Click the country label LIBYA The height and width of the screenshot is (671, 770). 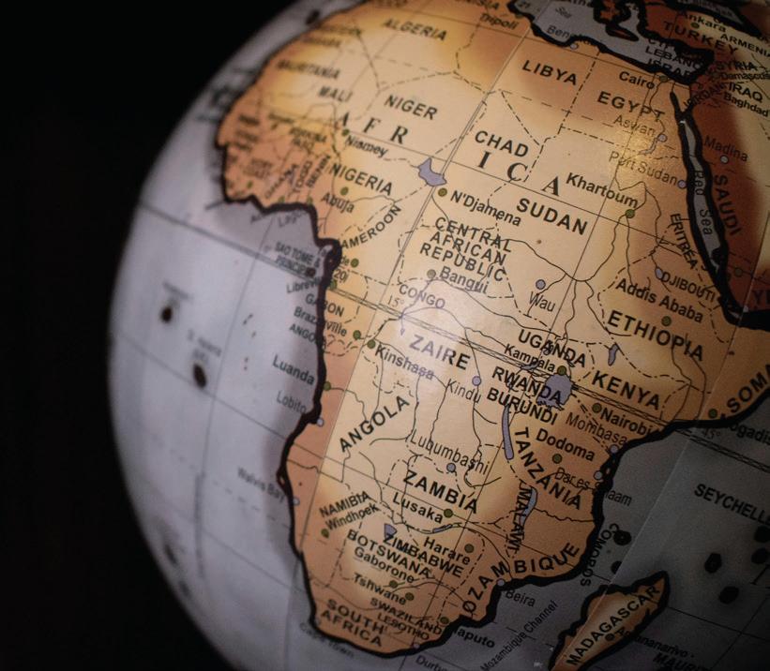point(550,70)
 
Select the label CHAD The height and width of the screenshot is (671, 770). point(501,143)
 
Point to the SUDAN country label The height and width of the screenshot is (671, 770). point(552,216)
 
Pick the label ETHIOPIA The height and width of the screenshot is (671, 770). point(656,333)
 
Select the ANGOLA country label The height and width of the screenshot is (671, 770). point(374,422)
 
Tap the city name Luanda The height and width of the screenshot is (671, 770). point(294,368)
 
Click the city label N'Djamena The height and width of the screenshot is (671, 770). point(485,207)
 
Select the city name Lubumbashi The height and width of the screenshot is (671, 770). point(449,451)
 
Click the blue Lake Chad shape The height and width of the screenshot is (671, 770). point(431,172)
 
